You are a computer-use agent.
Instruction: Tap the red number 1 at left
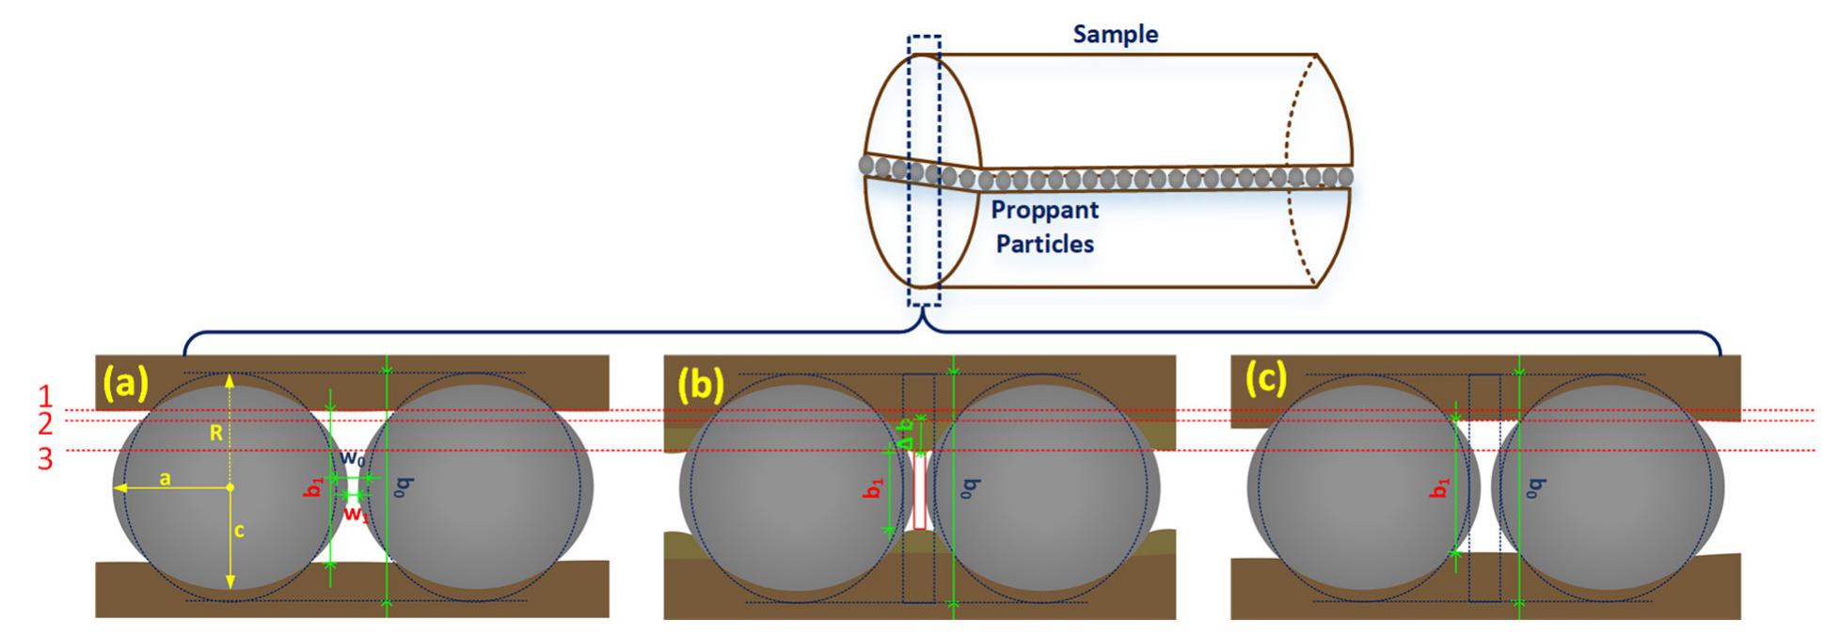pyautogui.click(x=44, y=396)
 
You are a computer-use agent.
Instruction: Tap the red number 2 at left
pyautogui.click(x=44, y=423)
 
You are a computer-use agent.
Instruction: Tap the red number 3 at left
pyautogui.click(x=44, y=460)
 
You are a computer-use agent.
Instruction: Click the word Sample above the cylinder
pyautogui.click(x=1116, y=35)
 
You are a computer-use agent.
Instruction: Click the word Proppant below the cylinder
pyautogui.click(x=1044, y=209)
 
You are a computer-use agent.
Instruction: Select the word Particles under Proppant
pyautogui.click(x=1044, y=244)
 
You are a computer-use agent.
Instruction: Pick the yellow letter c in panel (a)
pyautogui.click(x=240, y=531)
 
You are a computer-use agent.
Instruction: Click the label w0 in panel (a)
pyautogui.click(x=353, y=458)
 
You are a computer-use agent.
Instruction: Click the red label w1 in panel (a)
pyautogui.click(x=354, y=514)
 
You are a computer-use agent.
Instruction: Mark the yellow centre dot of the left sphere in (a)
pyautogui.click(x=230, y=487)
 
